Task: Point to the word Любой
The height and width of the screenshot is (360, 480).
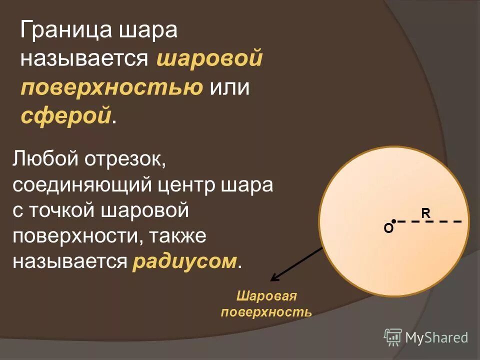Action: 43,161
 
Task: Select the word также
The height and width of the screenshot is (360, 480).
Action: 175,236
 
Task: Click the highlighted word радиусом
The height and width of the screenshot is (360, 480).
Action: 184,261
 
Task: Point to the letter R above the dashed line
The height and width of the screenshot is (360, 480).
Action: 425,213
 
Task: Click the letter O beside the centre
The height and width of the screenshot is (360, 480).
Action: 388,228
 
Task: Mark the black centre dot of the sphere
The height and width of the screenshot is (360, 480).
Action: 394,220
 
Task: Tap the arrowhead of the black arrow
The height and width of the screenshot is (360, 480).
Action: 273,278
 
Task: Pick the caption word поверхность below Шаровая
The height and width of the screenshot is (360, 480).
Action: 266,312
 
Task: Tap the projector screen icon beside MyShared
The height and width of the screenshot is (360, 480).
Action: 393,337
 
